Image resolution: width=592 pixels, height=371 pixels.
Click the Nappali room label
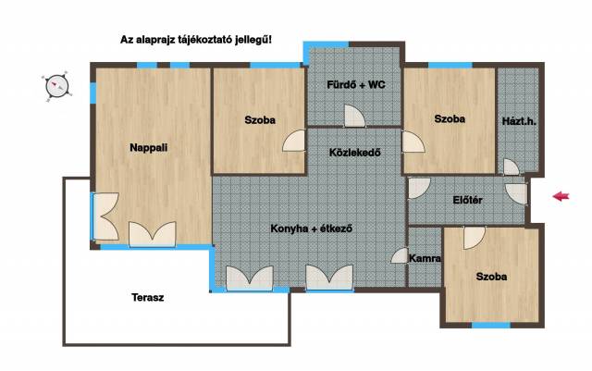tap(148, 148)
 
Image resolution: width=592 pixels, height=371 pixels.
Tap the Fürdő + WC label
tap(356, 84)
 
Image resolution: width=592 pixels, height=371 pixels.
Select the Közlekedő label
tap(355, 153)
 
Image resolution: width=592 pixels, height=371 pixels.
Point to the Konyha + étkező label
tap(312, 229)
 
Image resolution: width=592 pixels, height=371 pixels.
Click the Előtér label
tap(467, 200)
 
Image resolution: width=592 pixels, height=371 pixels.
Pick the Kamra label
tap(425, 258)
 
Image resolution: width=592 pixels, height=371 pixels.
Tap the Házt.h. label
tap(519, 121)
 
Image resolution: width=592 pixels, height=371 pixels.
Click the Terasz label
tap(148, 298)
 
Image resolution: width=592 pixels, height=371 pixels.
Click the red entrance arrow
tap(561, 196)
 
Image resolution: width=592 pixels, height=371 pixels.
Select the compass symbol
tap(57, 87)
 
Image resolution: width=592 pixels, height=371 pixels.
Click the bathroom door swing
tap(354, 116)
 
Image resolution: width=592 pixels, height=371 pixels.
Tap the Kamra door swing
tap(400, 255)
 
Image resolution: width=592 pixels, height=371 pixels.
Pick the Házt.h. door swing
tap(512, 167)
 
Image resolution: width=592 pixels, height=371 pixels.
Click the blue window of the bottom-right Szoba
tap(491, 325)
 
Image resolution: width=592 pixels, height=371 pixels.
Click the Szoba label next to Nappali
tap(260, 120)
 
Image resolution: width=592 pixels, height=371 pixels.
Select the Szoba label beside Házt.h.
tap(450, 119)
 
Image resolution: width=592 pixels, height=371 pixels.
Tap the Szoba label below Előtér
tap(491, 277)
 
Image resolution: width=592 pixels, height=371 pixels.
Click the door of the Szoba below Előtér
tap(475, 237)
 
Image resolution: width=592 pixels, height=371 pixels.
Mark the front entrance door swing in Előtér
tap(516, 193)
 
